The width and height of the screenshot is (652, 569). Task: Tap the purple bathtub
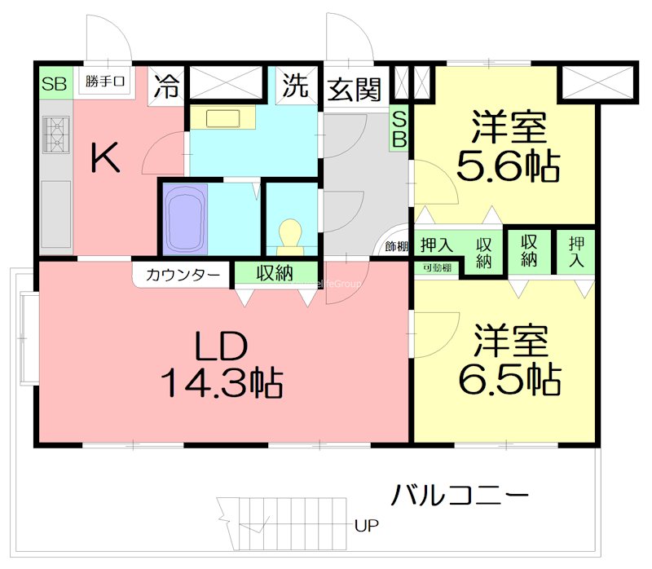click(183, 218)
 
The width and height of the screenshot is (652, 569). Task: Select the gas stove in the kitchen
click(57, 135)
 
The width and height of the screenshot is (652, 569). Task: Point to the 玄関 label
click(355, 88)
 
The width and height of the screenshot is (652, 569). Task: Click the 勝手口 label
click(106, 82)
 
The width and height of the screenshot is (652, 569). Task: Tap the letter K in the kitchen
click(105, 158)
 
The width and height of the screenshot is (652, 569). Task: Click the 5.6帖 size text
click(507, 166)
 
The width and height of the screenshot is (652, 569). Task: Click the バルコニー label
click(460, 494)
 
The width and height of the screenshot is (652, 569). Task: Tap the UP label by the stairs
click(366, 525)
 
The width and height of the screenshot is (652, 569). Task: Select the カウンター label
click(183, 274)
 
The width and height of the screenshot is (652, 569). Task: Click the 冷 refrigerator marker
click(167, 85)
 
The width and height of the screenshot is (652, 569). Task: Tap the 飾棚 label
click(397, 245)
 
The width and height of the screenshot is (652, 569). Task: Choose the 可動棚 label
click(436, 267)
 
